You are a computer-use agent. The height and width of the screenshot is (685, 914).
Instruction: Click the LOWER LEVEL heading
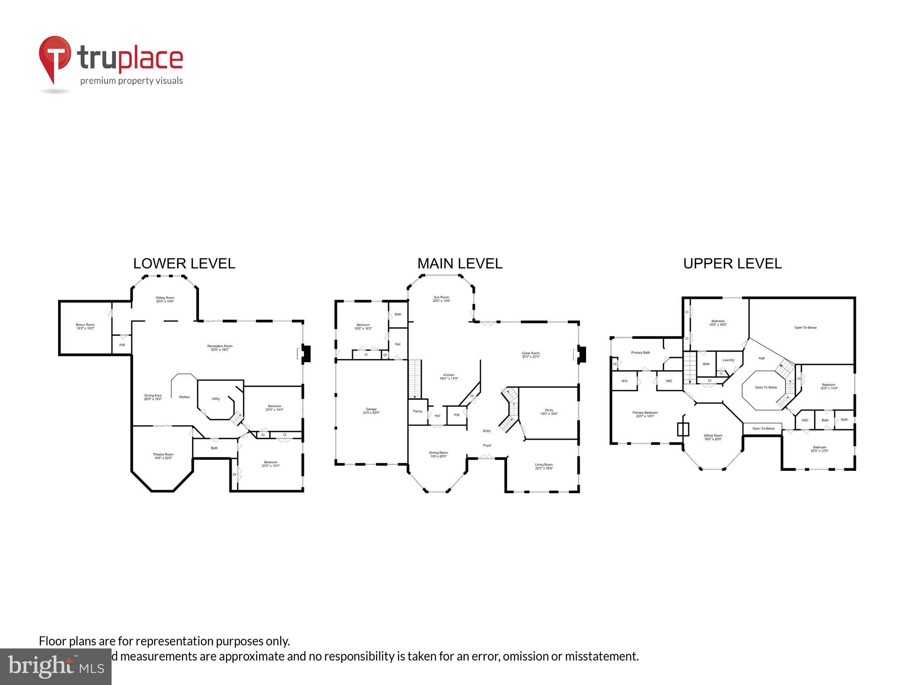pos(184,264)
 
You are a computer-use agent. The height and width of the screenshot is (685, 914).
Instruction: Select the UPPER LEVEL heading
pos(732,264)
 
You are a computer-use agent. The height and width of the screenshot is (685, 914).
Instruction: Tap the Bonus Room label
pos(85,326)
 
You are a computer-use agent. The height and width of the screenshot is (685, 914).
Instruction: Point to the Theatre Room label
pos(163,456)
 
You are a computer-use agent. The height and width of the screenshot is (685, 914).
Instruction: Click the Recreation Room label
pos(220,348)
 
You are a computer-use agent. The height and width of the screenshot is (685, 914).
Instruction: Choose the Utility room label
pos(216,399)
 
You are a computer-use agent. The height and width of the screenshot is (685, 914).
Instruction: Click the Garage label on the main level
pos(371,411)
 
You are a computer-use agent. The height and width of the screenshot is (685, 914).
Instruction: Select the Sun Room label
pos(441,299)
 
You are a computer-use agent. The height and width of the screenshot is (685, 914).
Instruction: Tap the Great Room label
pos(531,355)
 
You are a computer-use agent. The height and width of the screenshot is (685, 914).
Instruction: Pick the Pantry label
pos(418,411)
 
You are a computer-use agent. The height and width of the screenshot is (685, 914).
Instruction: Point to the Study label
pos(549,412)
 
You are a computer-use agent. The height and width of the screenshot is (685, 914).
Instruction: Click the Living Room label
pos(544,466)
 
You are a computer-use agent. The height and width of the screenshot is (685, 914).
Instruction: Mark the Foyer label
pos(487,445)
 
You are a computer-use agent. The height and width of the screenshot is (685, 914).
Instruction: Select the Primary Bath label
pos(640,353)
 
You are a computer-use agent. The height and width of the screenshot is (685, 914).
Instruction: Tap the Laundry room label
pos(728,360)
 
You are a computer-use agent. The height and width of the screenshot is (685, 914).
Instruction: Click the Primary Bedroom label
pos(645,414)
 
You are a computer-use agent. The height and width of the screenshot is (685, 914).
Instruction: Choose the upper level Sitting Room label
pos(713,437)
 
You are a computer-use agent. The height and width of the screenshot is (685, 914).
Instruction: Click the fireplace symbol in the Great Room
pos(581,354)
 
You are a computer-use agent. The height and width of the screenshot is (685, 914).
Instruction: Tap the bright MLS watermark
pos(55,666)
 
